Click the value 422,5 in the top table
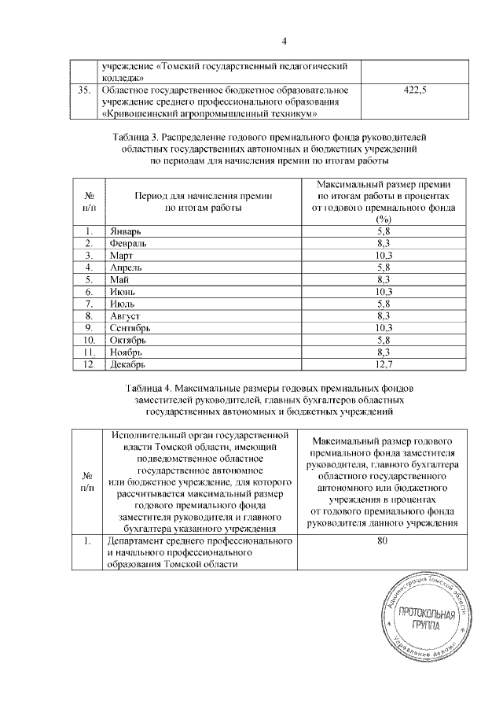[x=414, y=92]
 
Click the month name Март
[x=122, y=256]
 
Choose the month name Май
[x=119, y=279]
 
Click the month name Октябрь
[x=129, y=339]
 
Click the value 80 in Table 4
[x=383, y=541]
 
